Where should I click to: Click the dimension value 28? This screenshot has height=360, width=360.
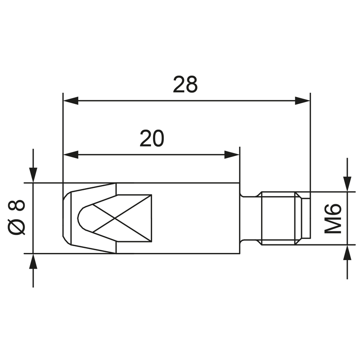pyautogui.click(x=185, y=85)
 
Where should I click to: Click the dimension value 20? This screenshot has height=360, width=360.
pyautogui.click(x=152, y=139)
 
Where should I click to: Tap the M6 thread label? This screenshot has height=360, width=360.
pyautogui.click(x=333, y=218)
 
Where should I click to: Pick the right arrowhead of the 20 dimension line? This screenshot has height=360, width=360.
pyautogui.click(x=232, y=155)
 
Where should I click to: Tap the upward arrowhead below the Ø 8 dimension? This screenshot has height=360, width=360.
pyautogui.click(x=33, y=261)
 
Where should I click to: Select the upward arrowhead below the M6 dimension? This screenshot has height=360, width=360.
pyautogui.click(x=347, y=253)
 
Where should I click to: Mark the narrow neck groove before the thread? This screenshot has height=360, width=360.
pyautogui.click(x=250, y=218)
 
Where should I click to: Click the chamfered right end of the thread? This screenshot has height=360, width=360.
pyautogui.click(x=305, y=218)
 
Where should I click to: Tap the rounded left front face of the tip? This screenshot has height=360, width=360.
pyautogui.click(x=65, y=218)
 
